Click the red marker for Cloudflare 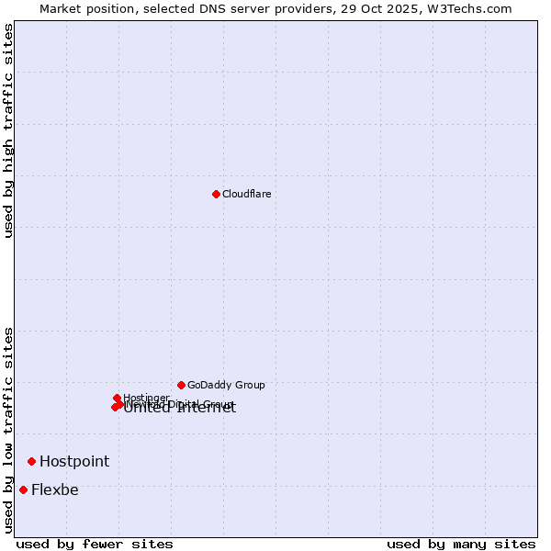point(216,194)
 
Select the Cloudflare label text point(246,194)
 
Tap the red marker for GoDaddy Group point(181,385)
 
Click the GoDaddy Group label point(226,385)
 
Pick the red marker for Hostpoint point(31,461)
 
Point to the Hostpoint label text point(73,461)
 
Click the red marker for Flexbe point(23,489)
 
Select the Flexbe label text point(54,489)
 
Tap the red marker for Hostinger point(117,398)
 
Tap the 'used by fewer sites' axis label point(95,544)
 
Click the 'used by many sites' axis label point(461,544)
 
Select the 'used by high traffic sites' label point(8,131)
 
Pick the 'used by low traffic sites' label point(8,430)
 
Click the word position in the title point(116,8)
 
